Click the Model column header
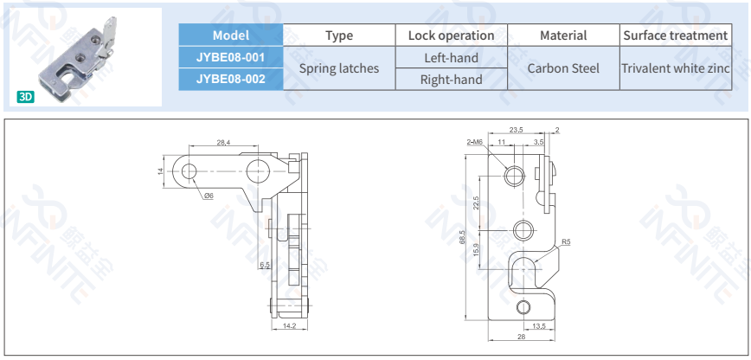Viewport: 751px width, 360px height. [x=230, y=35]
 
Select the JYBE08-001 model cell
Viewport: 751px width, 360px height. [x=230, y=57]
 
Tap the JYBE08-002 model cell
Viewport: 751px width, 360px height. [x=230, y=79]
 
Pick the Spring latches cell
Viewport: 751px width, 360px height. [x=338, y=67]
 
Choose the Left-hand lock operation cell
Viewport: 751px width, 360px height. [x=451, y=57]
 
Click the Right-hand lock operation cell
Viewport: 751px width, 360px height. [x=451, y=79]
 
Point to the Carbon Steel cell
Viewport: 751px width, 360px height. [x=563, y=67]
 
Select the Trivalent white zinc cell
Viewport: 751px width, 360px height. [x=675, y=67]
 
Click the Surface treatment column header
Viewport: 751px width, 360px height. [x=675, y=35]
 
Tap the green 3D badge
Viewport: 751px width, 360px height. [x=25, y=97]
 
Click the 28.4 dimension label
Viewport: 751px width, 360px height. [x=223, y=142]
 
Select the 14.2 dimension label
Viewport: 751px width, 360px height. [x=289, y=326]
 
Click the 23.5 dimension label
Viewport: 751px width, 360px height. [x=516, y=130]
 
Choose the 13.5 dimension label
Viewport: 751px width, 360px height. [x=537, y=325]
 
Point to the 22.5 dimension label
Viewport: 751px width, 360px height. [x=477, y=203]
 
